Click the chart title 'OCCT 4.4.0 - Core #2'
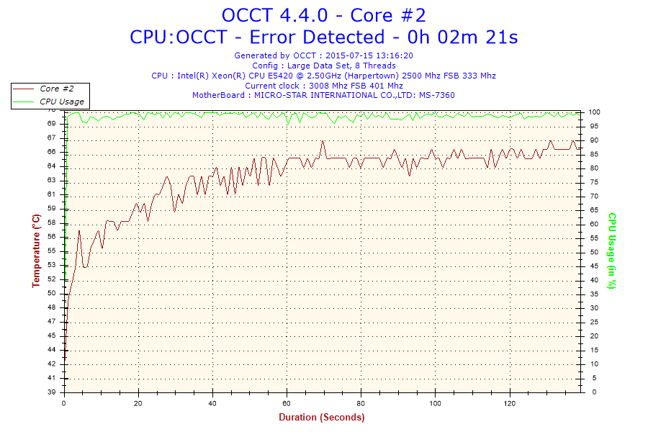tap(323, 15)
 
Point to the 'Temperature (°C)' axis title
tap(36, 251)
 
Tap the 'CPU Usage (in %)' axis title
tap(612, 251)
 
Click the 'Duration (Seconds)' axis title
tap(322, 417)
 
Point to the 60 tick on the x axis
tap(287, 402)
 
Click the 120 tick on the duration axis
tap(509, 402)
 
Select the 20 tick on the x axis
tap(138, 402)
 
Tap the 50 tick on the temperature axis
tap(52, 293)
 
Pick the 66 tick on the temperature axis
tap(52, 152)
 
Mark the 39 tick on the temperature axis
tap(52, 392)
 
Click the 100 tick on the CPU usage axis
tap(595, 112)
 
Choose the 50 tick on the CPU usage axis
tap(593, 252)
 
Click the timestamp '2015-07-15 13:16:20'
tap(369, 55)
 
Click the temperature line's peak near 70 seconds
tap(323, 142)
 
